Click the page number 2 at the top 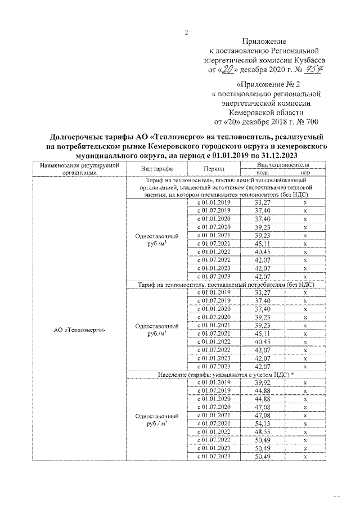(187, 31)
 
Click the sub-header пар (305, 173)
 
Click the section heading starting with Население (226, 375)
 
